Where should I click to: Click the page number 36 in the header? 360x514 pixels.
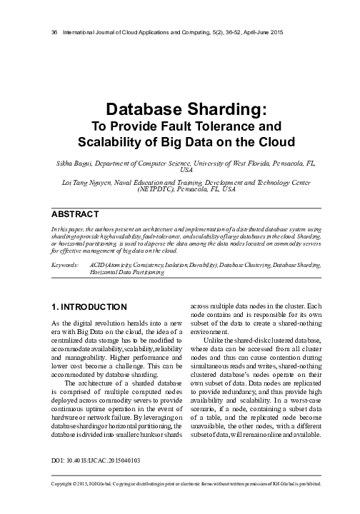48,34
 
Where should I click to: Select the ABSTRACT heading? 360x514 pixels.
74,213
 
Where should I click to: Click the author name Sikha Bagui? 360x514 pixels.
72,163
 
